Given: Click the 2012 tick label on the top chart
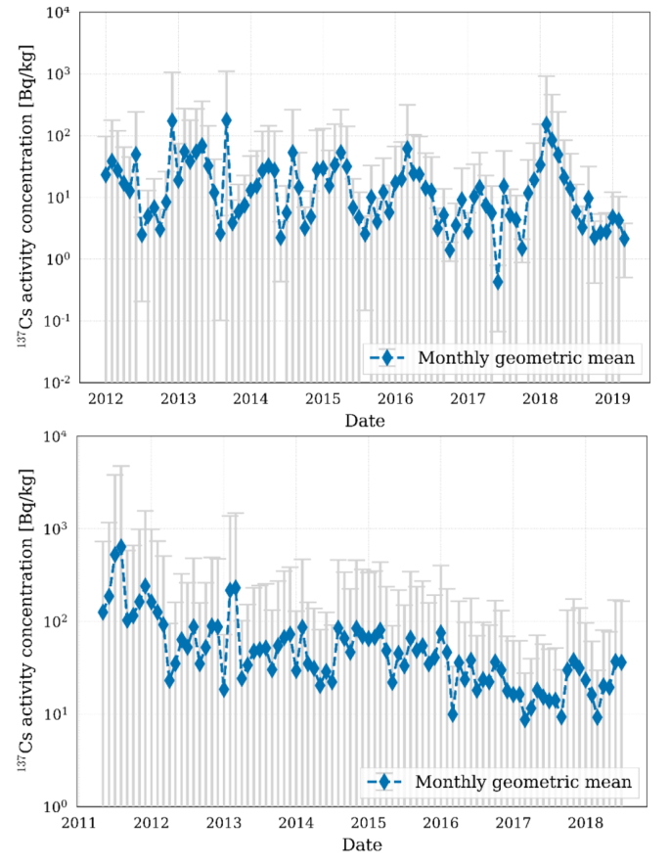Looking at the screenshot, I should click(x=105, y=399).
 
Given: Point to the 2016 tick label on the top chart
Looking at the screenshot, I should click(x=394, y=399).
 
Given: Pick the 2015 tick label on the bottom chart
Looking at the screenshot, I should click(x=369, y=820).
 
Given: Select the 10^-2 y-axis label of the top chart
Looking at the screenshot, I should click(x=53, y=382).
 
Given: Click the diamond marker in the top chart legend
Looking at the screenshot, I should click(x=387, y=358).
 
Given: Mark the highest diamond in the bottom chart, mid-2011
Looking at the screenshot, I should click(x=121, y=546).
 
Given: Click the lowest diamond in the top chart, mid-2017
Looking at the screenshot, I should click(x=498, y=282).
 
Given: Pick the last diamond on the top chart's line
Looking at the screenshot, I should click(x=624, y=239).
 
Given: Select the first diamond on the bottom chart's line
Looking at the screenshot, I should click(x=103, y=613).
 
